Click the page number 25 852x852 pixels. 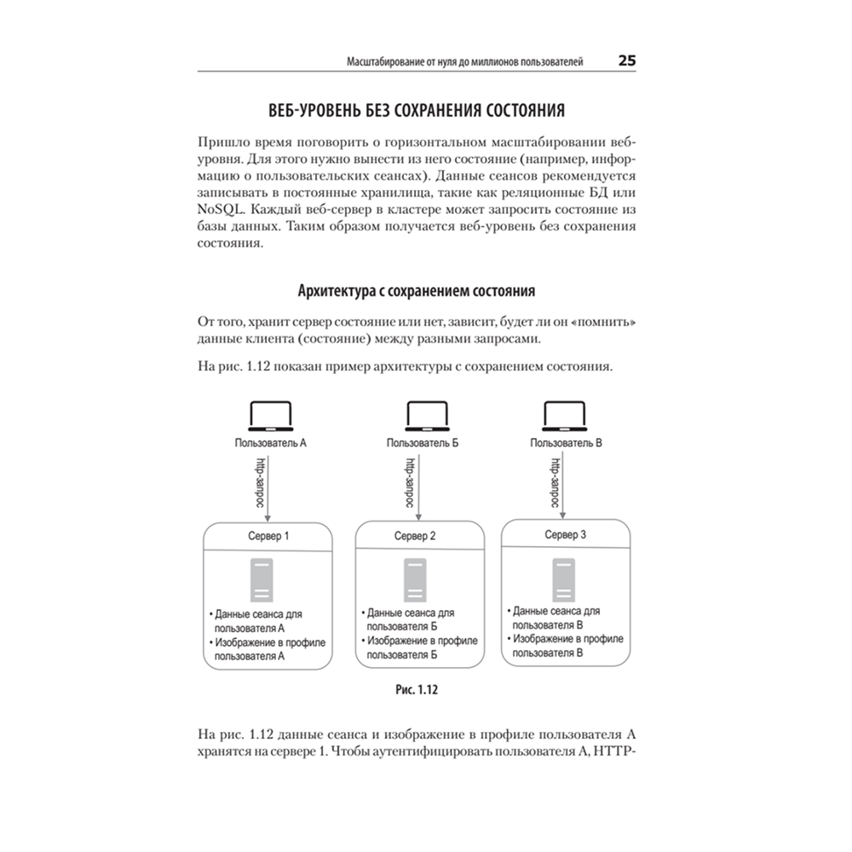(x=627, y=61)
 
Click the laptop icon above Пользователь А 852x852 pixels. (x=269, y=417)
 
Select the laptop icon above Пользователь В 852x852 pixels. (x=565, y=417)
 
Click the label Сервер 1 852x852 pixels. (x=268, y=538)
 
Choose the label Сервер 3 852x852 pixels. (x=565, y=534)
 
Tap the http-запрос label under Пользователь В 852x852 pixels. (x=555, y=482)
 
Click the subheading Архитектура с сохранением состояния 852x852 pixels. (x=417, y=291)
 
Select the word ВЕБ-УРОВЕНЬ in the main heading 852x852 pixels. (x=314, y=111)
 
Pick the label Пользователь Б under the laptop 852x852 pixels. (x=423, y=443)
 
